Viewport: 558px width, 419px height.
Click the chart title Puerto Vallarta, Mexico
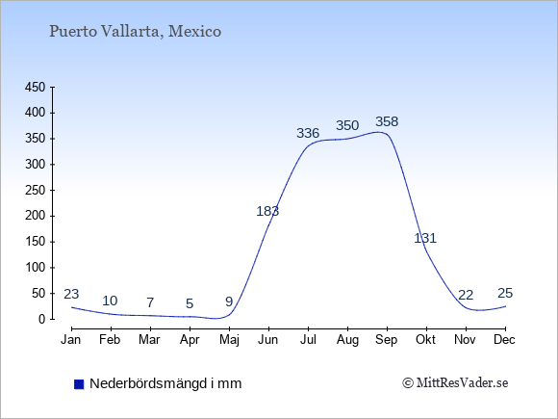[x=136, y=32]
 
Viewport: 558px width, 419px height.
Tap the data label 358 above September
[x=387, y=122]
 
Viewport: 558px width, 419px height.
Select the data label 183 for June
[x=267, y=211]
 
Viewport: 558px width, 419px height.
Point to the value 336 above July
[x=308, y=133]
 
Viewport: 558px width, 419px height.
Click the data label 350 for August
[x=347, y=125]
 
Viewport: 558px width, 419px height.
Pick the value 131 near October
[x=425, y=238]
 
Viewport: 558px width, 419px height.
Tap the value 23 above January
[x=71, y=294]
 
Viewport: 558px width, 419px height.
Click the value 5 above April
[x=190, y=303]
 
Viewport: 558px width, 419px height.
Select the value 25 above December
[x=505, y=293]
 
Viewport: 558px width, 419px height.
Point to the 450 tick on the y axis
[x=36, y=88]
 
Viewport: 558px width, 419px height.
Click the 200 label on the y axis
[x=36, y=216]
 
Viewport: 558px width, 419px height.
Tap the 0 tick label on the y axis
[x=42, y=319]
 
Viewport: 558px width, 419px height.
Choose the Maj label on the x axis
[x=229, y=340]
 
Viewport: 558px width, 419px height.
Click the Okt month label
[x=425, y=340]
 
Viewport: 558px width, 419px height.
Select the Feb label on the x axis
[x=110, y=340]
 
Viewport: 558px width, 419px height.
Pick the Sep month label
[x=387, y=340]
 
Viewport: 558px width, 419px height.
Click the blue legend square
[x=79, y=384]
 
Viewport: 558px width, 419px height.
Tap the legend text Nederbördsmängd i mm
[x=165, y=383]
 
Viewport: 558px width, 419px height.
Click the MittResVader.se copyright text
[x=455, y=383]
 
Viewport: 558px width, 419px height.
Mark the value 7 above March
[x=150, y=302]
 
